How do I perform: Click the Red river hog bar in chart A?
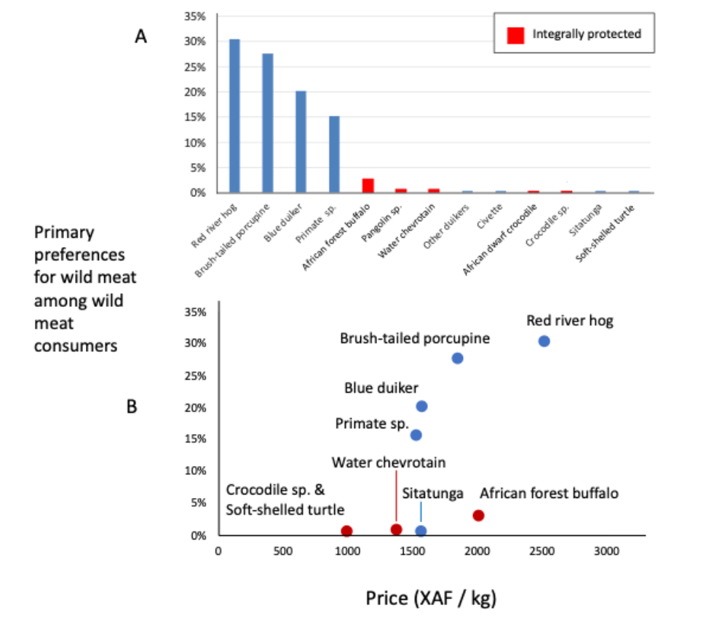(x=234, y=116)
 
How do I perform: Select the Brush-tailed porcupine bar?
(x=268, y=123)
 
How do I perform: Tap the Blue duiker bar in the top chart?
(x=301, y=142)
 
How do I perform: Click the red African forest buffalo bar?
(x=368, y=185)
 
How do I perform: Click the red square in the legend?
(x=515, y=33)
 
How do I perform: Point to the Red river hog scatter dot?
(x=544, y=341)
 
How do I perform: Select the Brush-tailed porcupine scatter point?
(x=457, y=358)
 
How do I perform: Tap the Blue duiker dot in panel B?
(x=421, y=406)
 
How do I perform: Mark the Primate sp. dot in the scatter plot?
(x=416, y=435)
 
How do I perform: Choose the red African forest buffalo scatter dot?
(x=478, y=515)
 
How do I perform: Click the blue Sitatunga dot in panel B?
(x=421, y=531)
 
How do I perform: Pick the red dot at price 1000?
(x=347, y=531)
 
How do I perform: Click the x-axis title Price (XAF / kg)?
(x=431, y=598)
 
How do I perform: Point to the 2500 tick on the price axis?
(x=542, y=550)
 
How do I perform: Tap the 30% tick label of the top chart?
(x=196, y=41)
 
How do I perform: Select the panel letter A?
(x=141, y=37)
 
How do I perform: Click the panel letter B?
(x=132, y=406)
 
